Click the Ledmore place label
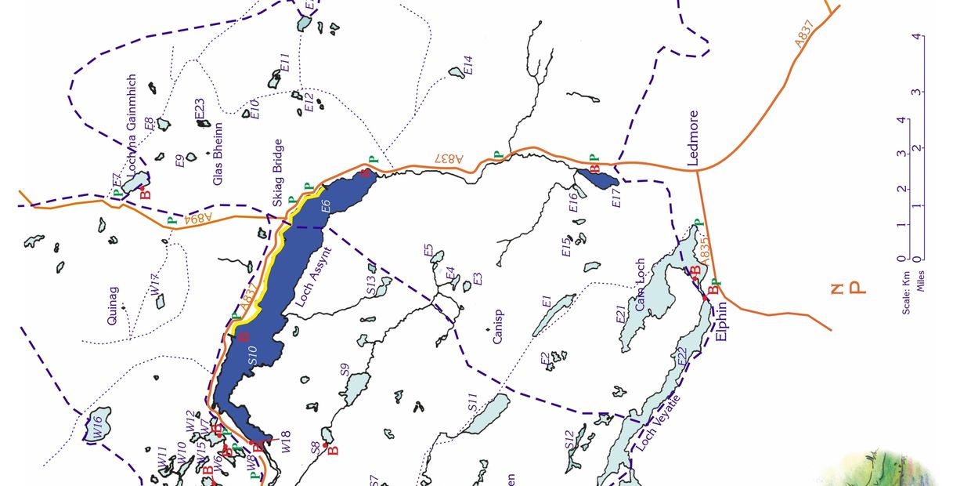[x=692, y=138]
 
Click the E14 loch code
[x=468, y=65]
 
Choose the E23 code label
[x=200, y=112]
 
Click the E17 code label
[x=616, y=197]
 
